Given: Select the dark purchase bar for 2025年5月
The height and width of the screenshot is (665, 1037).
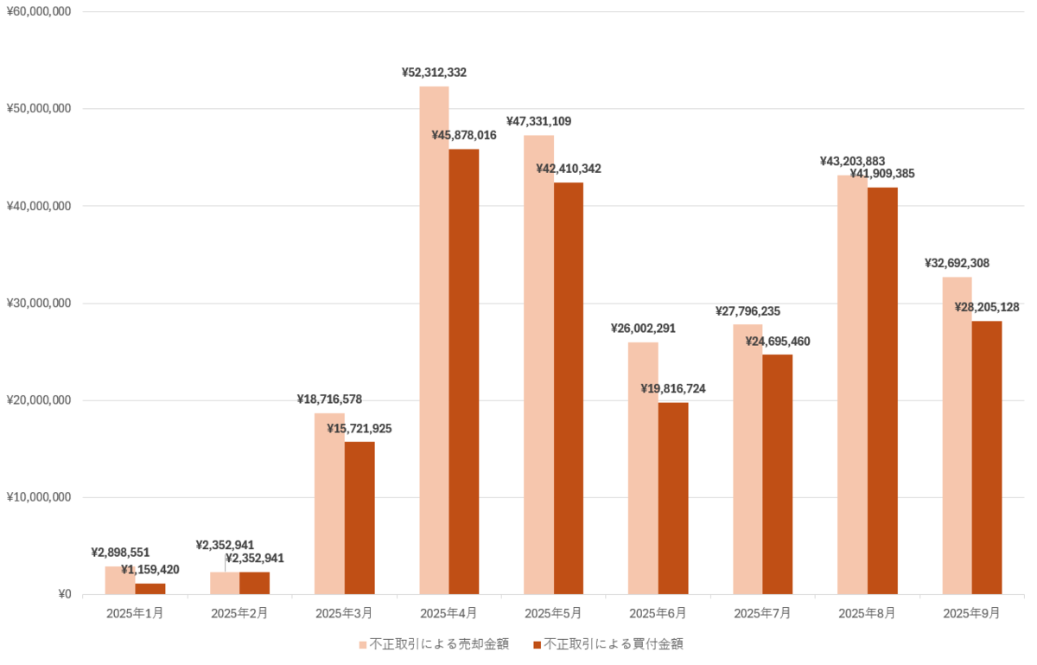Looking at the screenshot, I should click(569, 388).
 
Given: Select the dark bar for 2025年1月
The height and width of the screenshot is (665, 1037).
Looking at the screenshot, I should click(150, 589).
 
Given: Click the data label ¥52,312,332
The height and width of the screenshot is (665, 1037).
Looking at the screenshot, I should click(434, 73).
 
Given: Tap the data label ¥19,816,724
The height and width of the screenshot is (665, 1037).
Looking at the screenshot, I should click(673, 389).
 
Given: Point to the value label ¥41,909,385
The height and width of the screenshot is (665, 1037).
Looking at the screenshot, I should click(882, 174).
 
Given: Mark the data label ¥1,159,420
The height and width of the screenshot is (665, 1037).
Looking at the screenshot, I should click(150, 570).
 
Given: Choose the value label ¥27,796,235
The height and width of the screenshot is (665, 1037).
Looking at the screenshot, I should click(748, 311).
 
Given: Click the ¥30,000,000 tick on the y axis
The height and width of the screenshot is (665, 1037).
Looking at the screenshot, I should click(39, 304).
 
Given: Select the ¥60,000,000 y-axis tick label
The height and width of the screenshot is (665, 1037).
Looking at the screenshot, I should click(39, 12).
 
